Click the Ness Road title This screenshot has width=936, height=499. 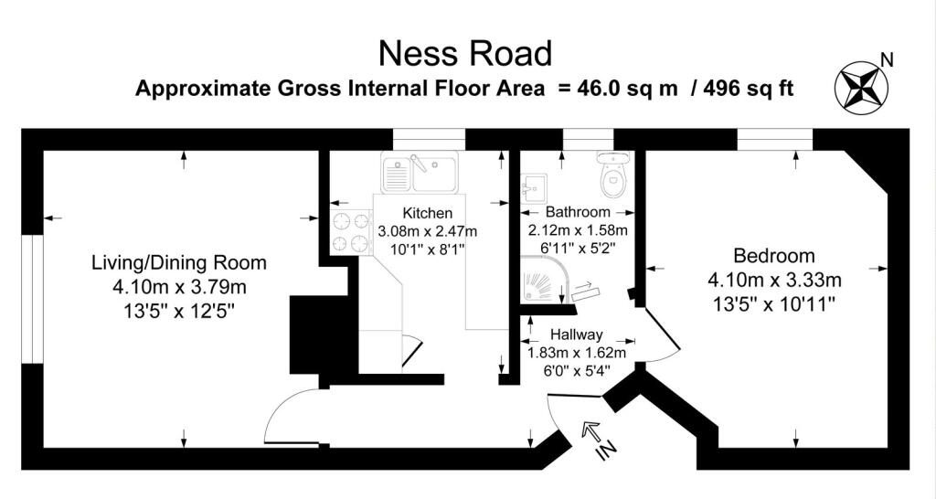click(x=465, y=53)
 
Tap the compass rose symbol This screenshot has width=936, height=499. click(x=861, y=88)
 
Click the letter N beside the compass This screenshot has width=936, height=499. click(x=888, y=59)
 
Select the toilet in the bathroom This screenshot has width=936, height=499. click(x=612, y=174)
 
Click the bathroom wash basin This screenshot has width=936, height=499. click(x=534, y=188)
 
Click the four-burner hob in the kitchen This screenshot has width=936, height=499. click(x=351, y=233)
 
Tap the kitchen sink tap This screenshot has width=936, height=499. click(x=419, y=163)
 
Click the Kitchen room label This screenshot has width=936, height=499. click(x=428, y=213)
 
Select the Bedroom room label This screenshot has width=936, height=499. click(x=773, y=256)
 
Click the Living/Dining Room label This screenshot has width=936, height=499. click(x=179, y=262)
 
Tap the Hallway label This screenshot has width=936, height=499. click(x=576, y=334)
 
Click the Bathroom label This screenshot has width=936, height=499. click(x=578, y=212)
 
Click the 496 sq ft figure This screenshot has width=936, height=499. click(x=749, y=89)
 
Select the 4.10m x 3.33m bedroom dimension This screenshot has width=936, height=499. click(x=774, y=280)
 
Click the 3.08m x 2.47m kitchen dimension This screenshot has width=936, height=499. click(x=428, y=230)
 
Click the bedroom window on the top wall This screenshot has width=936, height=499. click(x=775, y=139)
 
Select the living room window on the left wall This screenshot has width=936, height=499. click(x=32, y=299)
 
